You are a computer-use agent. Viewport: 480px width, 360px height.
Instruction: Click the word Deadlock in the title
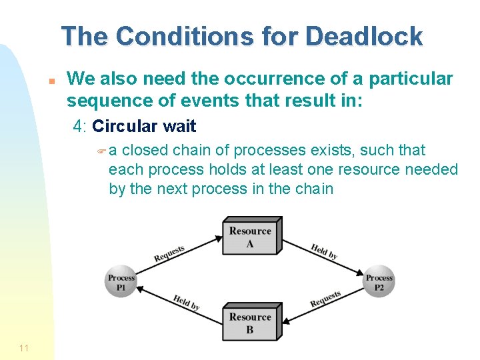pos(364,36)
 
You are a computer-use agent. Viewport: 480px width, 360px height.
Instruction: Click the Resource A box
pos(251,237)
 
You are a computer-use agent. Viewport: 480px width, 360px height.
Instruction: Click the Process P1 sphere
pos(121,281)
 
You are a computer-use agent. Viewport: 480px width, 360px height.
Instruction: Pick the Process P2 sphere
pos(379,281)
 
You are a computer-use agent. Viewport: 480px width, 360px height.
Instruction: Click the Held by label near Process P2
pos(324,251)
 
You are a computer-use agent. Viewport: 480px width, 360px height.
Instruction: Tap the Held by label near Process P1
pos(187,302)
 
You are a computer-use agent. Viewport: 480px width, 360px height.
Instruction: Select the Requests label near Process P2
pos(325,299)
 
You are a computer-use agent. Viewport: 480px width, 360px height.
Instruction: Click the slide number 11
pos(24,347)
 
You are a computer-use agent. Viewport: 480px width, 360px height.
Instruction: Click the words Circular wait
pos(144,125)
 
